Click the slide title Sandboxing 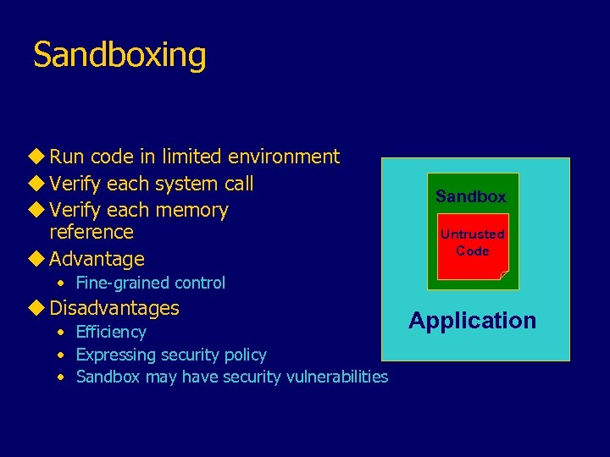tap(119, 56)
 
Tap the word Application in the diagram tap(472, 321)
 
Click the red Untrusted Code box tap(472, 246)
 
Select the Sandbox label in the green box tap(471, 196)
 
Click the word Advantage tap(97, 259)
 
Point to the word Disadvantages tap(114, 308)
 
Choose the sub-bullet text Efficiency tap(111, 332)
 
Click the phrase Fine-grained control tap(151, 283)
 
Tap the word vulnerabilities tap(331, 377)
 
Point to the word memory tap(196, 210)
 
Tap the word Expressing tap(116, 355)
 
